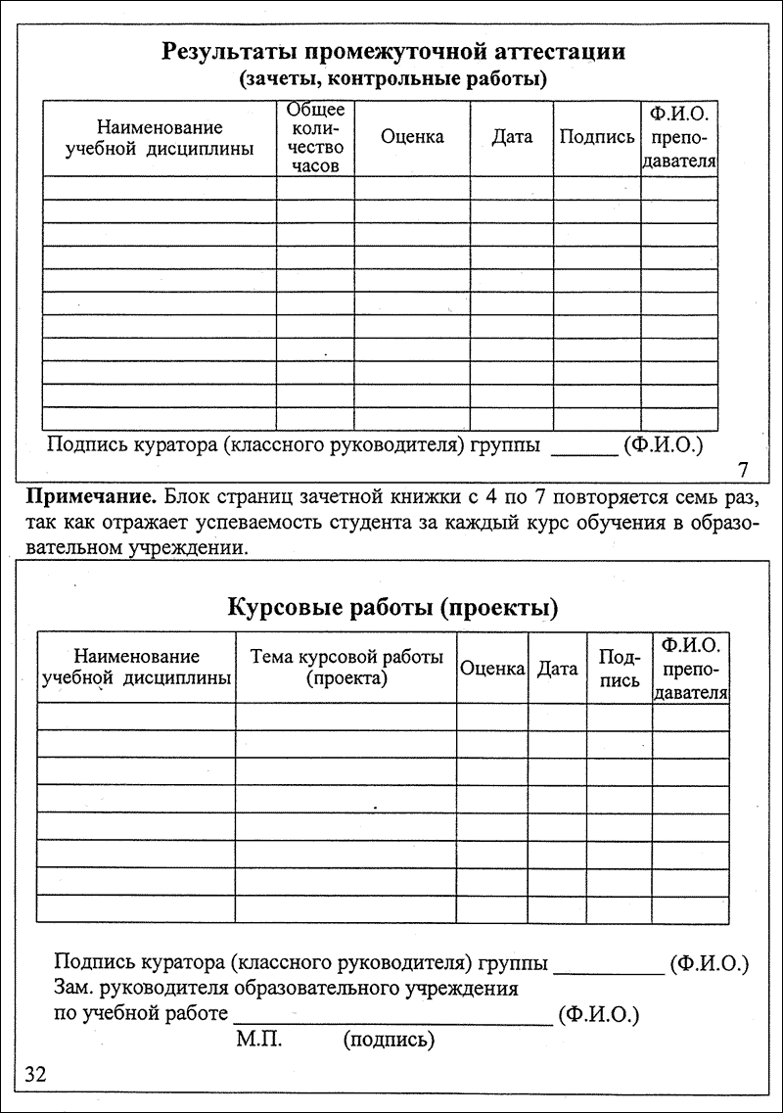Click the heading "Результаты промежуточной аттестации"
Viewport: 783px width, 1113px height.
click(x=393, y=51)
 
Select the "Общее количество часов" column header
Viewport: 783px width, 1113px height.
click(x=315, y=137)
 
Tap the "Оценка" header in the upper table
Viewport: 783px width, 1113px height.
click(x=412, y=137)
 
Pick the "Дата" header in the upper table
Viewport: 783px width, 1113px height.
click(x=512, y=137)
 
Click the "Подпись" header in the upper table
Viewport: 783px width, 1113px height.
click(x=597, y=137)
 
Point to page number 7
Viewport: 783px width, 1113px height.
click(x=742, y=467)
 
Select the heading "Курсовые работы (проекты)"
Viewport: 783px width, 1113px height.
click(x=392, y=608)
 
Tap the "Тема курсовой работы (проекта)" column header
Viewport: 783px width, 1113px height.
click(x=346, y=667)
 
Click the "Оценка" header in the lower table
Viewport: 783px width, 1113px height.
click(x=492, y=669)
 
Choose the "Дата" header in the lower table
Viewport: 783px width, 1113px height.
click(x=558, y=669)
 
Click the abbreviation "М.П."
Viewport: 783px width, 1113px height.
click(x=258, y=1038)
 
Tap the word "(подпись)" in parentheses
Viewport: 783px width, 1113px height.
click(x=389, y=1039)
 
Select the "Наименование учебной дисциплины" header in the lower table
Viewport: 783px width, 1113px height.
click(x=136, y=667)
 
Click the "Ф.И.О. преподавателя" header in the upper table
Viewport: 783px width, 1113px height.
click(x=679, y=136)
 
